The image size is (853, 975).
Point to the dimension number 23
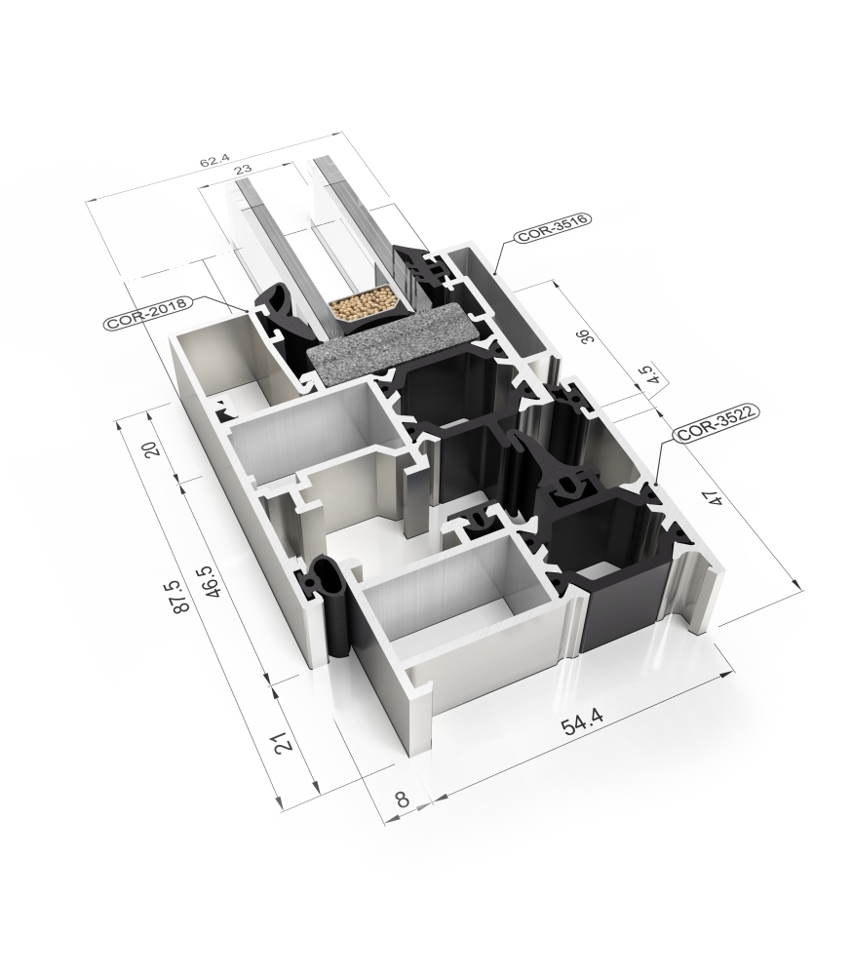tap(243, 169)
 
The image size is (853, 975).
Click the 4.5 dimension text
tap(645, 375)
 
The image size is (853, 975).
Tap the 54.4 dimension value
tap(582, 722)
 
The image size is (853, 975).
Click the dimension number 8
tap(403, 799)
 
